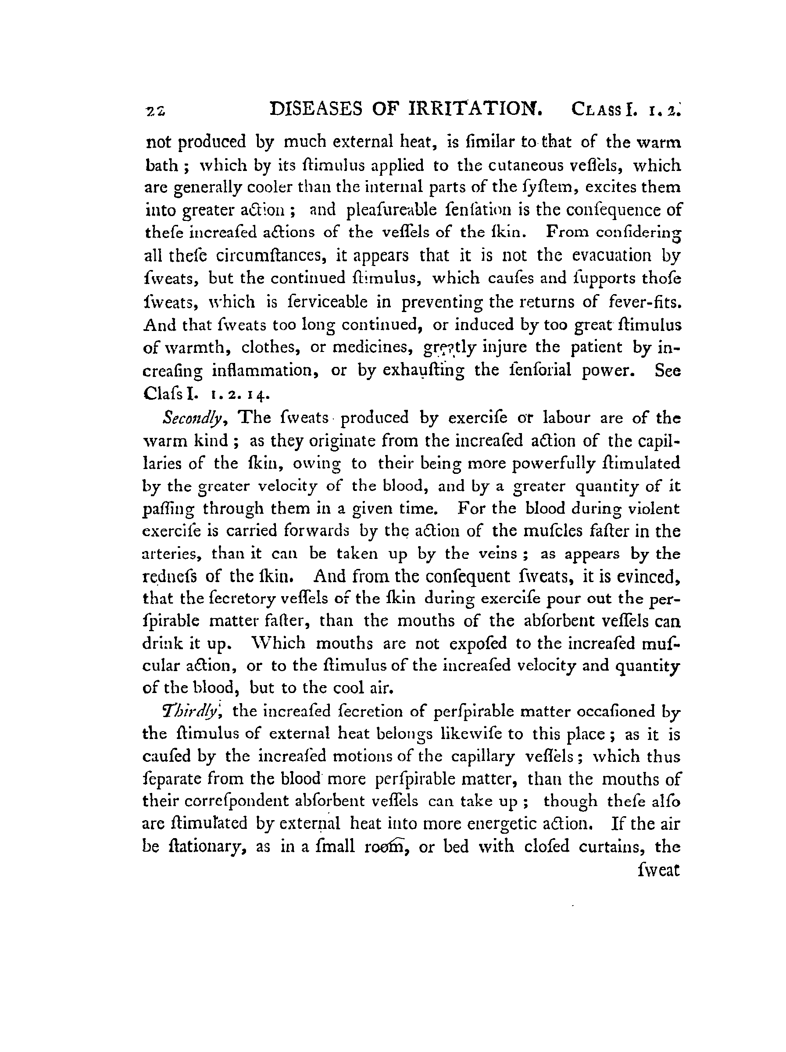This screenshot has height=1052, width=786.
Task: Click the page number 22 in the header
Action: (156, 111)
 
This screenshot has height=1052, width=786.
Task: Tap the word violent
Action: (654, 508)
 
